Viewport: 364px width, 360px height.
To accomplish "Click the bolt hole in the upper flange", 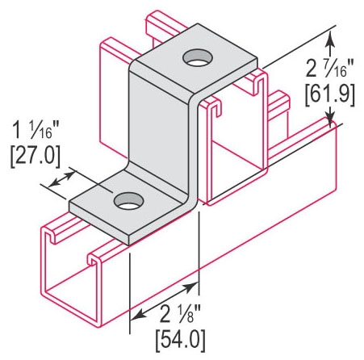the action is click(x=198, y=57).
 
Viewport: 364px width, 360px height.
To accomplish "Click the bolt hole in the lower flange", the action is click(x=128, y=201).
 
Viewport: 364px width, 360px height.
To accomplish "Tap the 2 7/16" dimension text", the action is click(x=330, y=69).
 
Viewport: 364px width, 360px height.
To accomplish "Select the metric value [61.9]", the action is click(x=330, y=95).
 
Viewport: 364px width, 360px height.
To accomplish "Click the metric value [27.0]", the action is click(x=36, y=157).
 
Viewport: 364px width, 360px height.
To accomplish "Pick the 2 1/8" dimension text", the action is click(x=180, y=314).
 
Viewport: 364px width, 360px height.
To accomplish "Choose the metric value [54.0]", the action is click(x=180, y=340).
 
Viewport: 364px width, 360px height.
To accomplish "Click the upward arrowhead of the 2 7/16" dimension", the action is click(x=330, y=42).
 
